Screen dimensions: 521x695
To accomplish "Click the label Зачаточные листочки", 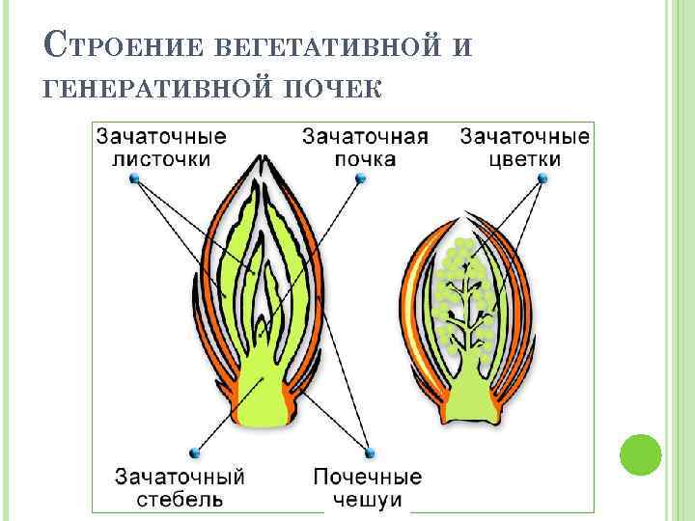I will (x=160, y=147).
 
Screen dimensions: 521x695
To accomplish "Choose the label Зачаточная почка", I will (x=365, y=147).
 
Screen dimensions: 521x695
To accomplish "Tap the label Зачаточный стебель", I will (x=180, y=487).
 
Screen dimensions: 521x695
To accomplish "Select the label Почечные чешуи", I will (x=367, y=487).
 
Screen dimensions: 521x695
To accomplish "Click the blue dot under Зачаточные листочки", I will (x=135, y=179).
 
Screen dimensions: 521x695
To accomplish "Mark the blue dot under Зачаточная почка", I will (x=359, y=178).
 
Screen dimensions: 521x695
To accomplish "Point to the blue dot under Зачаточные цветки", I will (x=543, y=178).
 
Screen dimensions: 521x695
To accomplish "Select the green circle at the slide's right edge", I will (x=640, y=453).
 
